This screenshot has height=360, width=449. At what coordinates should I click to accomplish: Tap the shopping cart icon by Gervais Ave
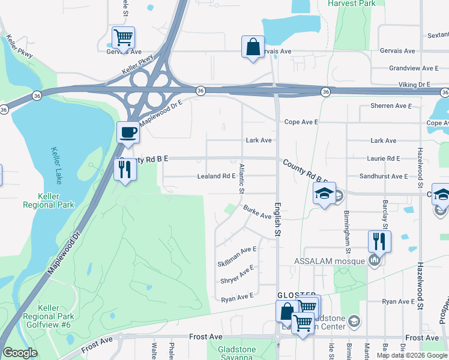tap(123, 38)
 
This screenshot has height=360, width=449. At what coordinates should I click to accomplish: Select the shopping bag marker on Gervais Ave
tap(253, 47)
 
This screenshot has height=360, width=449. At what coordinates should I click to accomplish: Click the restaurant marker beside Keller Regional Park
tap(125, 170)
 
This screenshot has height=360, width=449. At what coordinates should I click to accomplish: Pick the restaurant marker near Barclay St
tap(379, 241)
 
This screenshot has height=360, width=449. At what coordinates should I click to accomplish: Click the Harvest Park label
tap(352, 4)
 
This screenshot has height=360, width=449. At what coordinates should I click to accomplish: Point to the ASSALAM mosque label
tap(330, 262)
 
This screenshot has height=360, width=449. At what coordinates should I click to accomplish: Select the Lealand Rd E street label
tap(217, 176)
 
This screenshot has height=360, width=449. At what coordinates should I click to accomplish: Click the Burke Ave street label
tap(258, 212)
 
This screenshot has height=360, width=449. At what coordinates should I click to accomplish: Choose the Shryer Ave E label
tap(238, 275)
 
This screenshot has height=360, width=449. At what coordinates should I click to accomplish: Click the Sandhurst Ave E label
tap(383, 176)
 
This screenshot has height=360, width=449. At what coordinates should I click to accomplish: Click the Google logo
tap(20, 353)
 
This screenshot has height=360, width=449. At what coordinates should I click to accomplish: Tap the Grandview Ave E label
tap(414, 68)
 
